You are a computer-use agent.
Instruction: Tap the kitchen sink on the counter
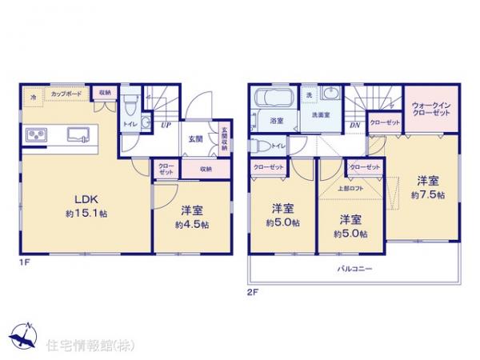(79, 134)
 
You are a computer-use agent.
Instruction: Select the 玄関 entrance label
(195, 138)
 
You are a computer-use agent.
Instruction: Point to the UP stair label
(165, 124)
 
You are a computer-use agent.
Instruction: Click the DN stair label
(355, 126)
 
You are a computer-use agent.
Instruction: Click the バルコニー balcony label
(352, 269)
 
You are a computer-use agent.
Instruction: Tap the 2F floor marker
(253, 292)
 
